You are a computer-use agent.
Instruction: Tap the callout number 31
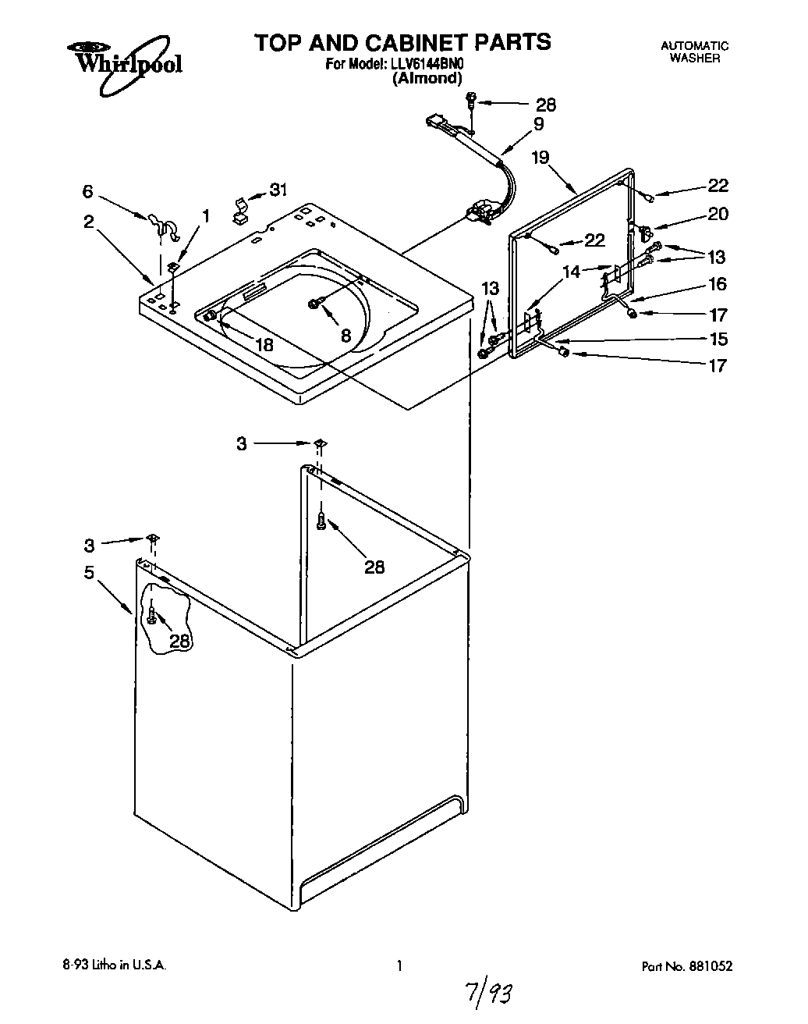pyautogui.click(x=278, y=189)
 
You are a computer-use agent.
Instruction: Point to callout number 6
pyautogui.click(x=88, y=191)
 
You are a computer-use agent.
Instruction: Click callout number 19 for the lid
pyautogui.click(x=540, y=158)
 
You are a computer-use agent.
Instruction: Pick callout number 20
pyautogui.click(x=718, y=214)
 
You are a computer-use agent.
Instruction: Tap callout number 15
pyautogui.click(x=718, y=339)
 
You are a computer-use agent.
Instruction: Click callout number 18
pyautogui.click(x=264, y=344)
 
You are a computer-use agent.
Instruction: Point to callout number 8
pyautogui.click(x=346, y=335)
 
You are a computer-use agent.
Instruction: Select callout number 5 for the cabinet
pyautogui.click(x=89, y=573)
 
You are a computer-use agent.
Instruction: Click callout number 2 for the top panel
pyautogui.click(x=89, y=222)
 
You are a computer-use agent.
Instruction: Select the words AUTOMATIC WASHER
pyautogui.click(x=694, y=52)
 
